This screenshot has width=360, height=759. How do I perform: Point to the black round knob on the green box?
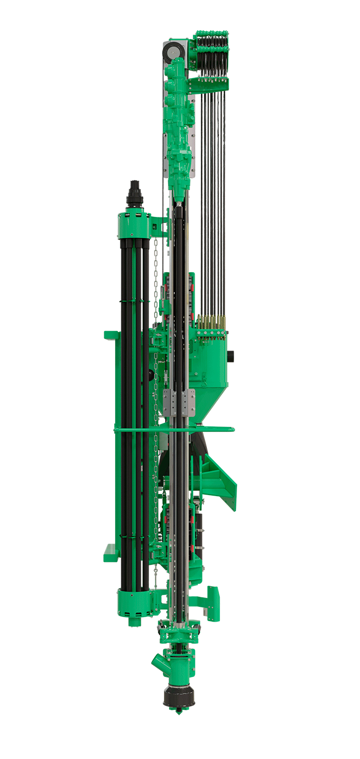point(231,356)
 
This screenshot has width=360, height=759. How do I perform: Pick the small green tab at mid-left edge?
point(110,336)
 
